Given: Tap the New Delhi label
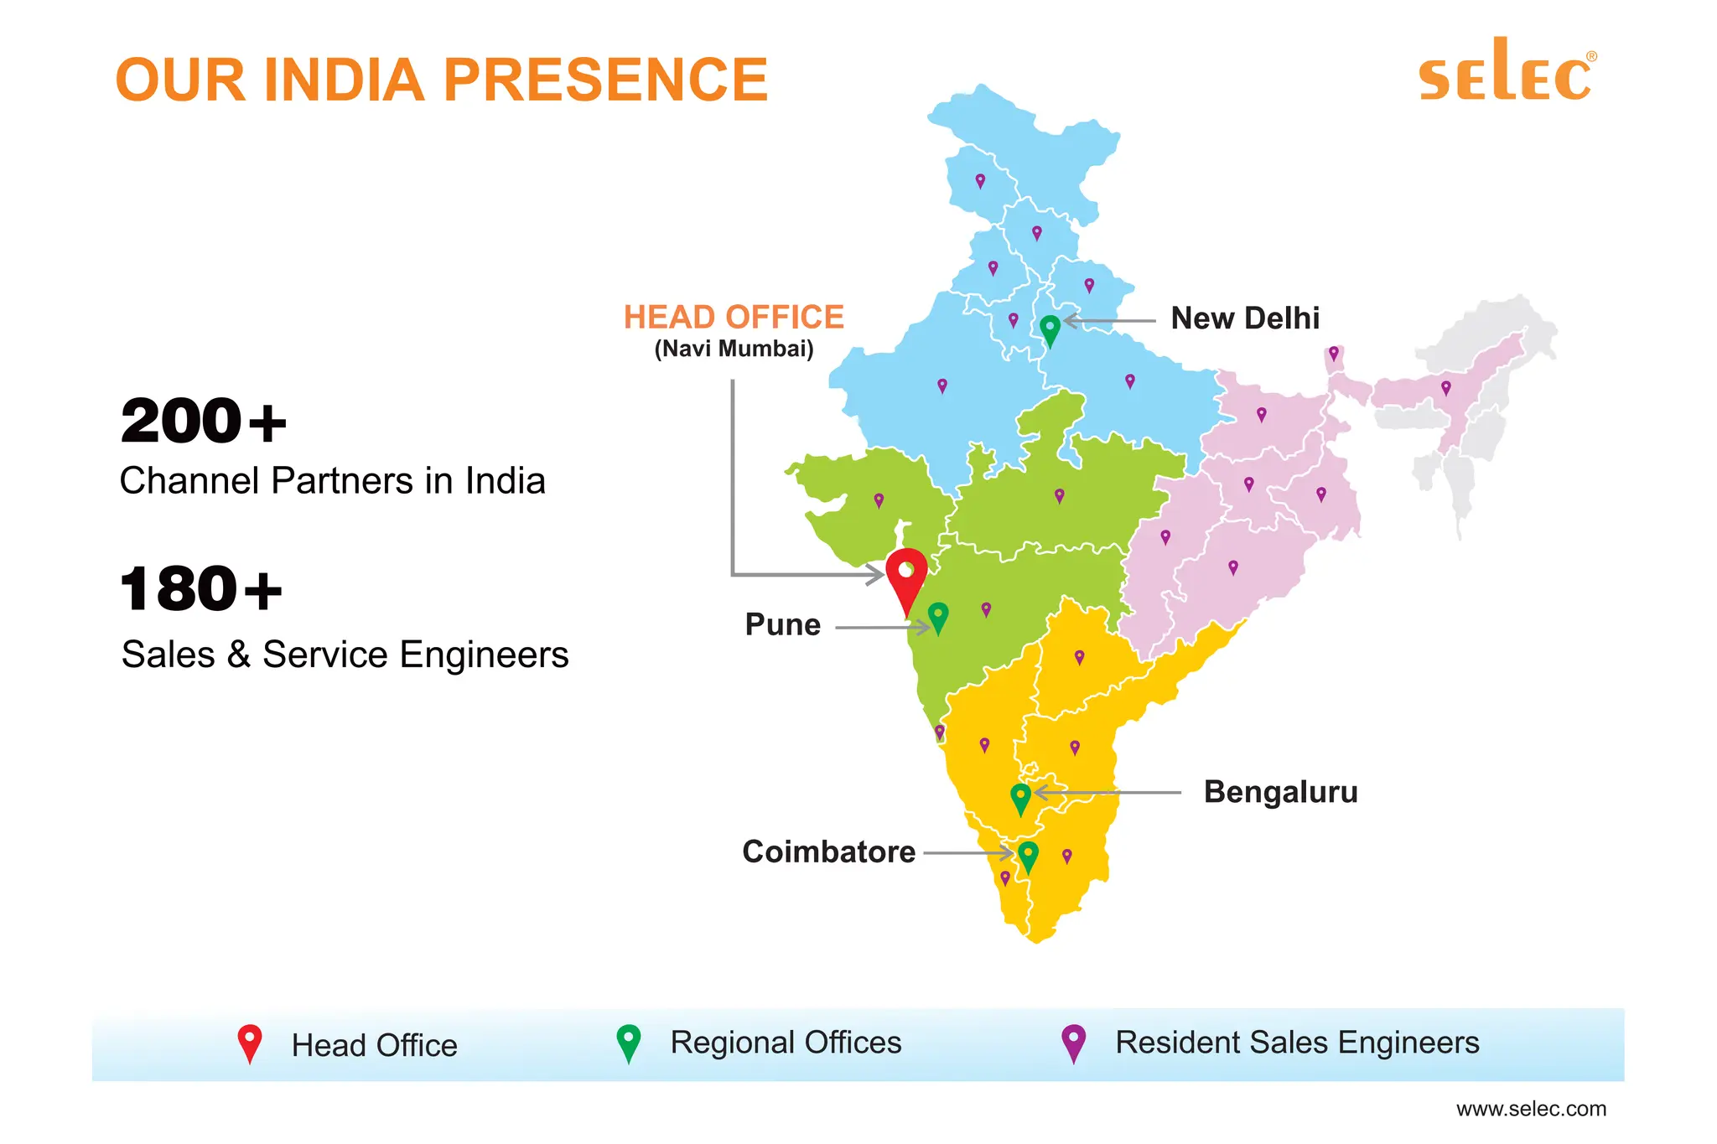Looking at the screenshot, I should tap(1245, 318).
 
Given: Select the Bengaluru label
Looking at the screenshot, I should tap(1280, 792).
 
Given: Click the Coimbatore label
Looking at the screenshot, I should tap(828, 852).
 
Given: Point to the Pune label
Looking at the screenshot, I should tap(782, 624).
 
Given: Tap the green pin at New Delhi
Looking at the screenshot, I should tap(1050, 329).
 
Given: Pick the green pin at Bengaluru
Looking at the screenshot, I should tap(1020, 797).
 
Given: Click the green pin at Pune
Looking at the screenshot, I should tap(938, 618).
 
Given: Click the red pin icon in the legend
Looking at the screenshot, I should tap(250, 1043).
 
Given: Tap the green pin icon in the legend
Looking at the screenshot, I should tap(628, 1043).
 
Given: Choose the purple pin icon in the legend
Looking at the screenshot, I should tap(1073, 1043).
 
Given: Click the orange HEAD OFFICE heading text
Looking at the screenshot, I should tap(734, 318).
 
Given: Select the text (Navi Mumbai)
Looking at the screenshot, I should tap(734, 349).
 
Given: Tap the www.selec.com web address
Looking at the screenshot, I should tap(1531, 1109).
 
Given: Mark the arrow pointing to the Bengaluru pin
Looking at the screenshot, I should tap(1107, 792).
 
